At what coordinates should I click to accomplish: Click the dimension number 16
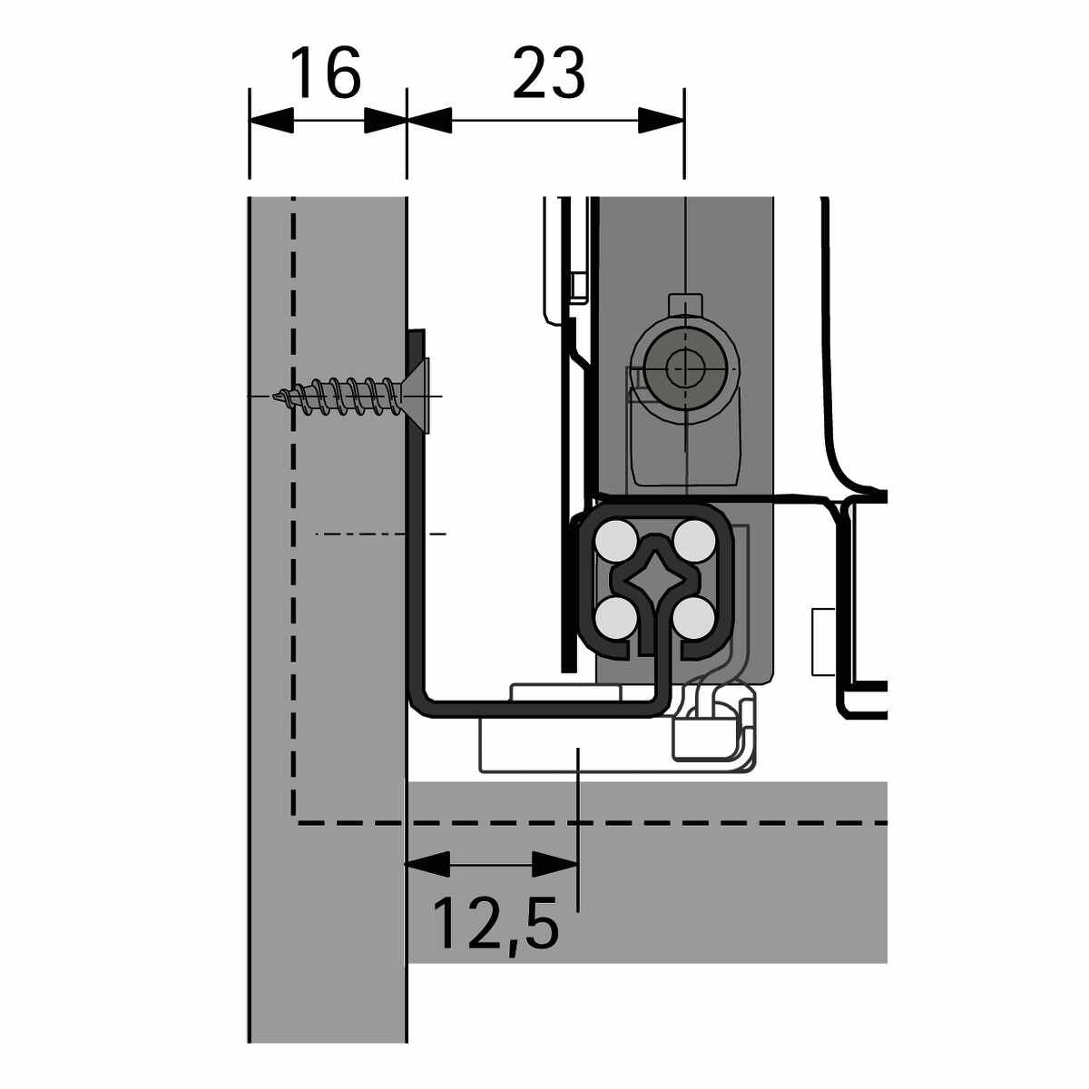(326, 73)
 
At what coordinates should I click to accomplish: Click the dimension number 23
(549, 73)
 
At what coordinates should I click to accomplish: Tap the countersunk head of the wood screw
(416, 397)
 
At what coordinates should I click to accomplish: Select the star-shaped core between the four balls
(654, 578)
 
